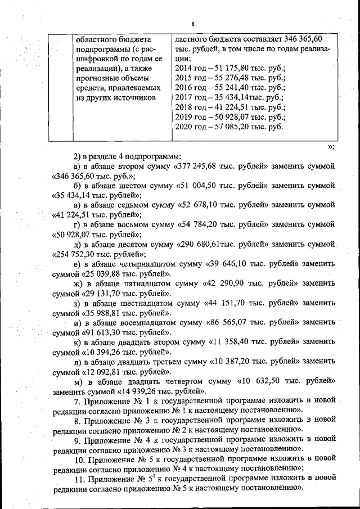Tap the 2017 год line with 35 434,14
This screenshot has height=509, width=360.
[x=230, y=97]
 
